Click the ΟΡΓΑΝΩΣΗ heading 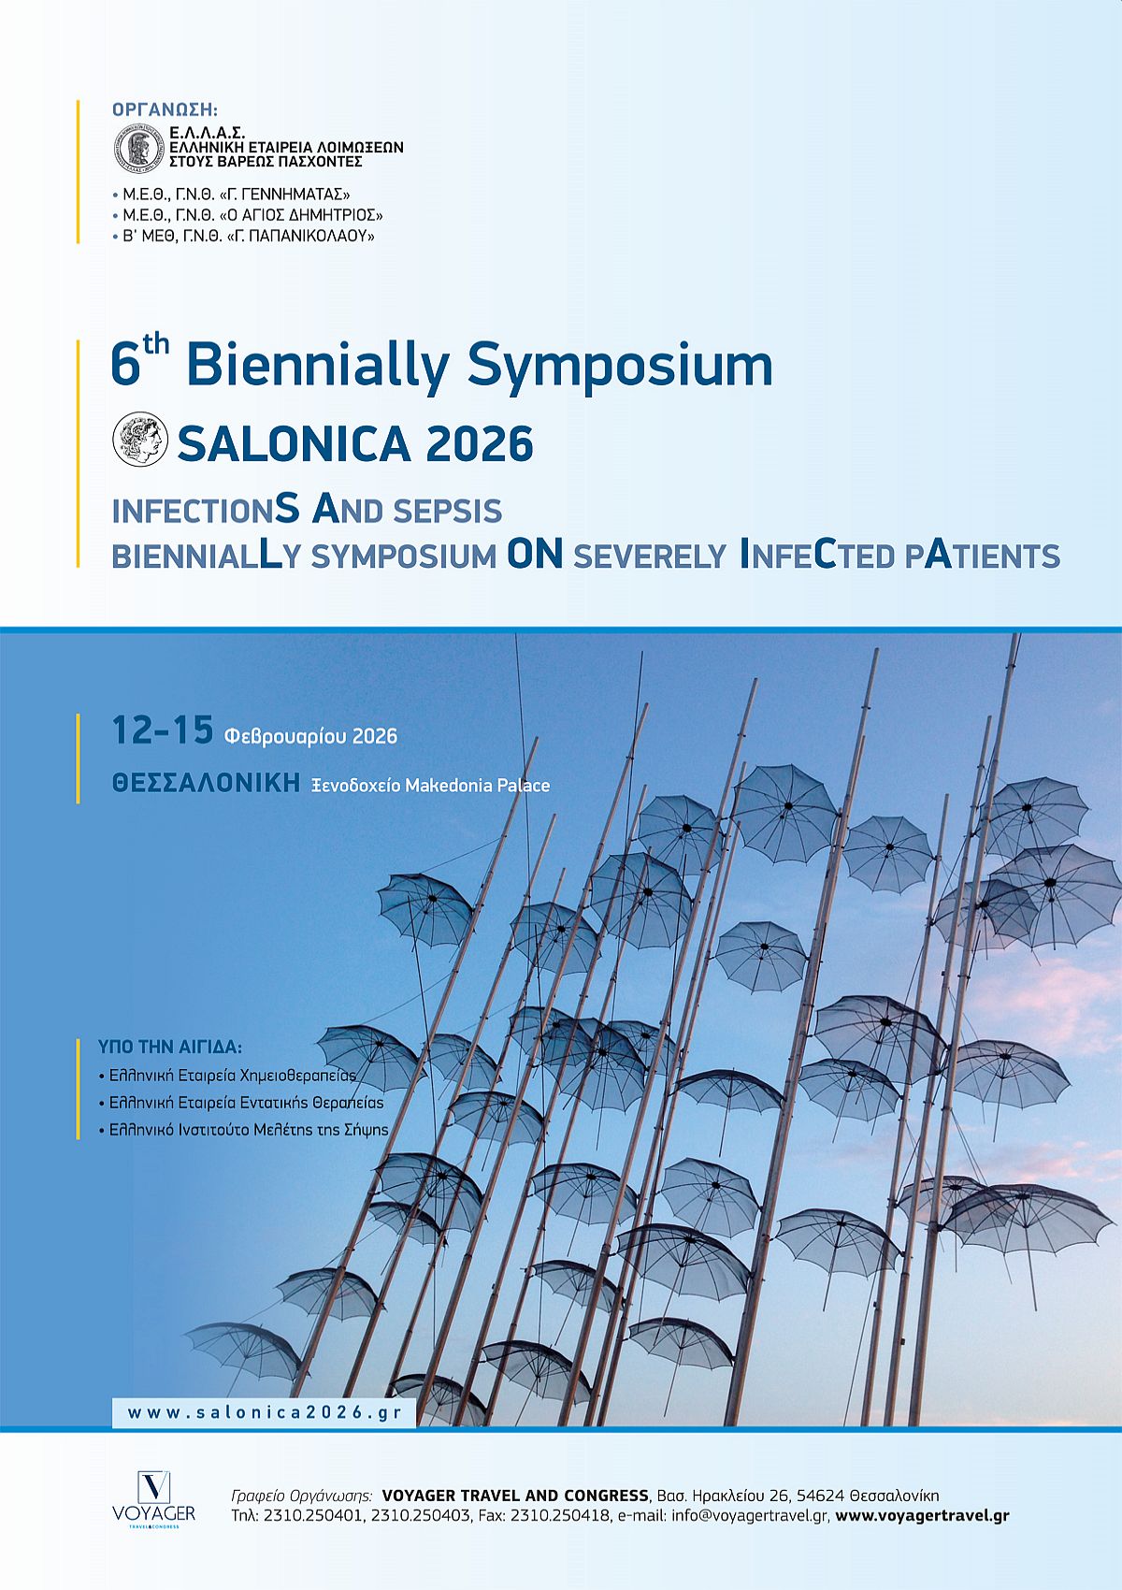(x=165, y=109)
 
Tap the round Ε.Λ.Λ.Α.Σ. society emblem (x=140, y=148)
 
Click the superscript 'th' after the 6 (x=155, y=346)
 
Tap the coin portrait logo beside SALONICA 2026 (x=140, y=439)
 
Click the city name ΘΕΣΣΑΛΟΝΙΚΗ (x=207, y=783)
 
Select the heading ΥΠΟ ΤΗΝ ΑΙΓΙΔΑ (x=170, y=1047)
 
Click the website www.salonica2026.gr (x=265, y=1412)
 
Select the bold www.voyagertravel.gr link (x=922, y=1515)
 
